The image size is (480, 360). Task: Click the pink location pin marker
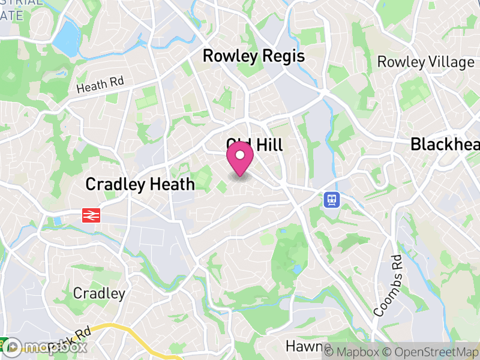click(240, 158)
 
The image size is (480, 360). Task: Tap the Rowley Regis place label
click(253, 56)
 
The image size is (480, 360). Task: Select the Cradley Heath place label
click(140, 184)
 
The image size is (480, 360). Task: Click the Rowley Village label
click(425, 62)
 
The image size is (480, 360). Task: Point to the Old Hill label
click(254, 145)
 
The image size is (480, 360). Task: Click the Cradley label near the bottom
click(99, 293)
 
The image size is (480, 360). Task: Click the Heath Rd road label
click(100, 85)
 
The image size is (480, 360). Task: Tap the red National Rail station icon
click(91, 215)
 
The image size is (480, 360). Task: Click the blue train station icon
click(331, 199)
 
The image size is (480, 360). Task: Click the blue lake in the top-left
click(67, 37)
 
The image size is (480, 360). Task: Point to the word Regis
click(282, 56)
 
